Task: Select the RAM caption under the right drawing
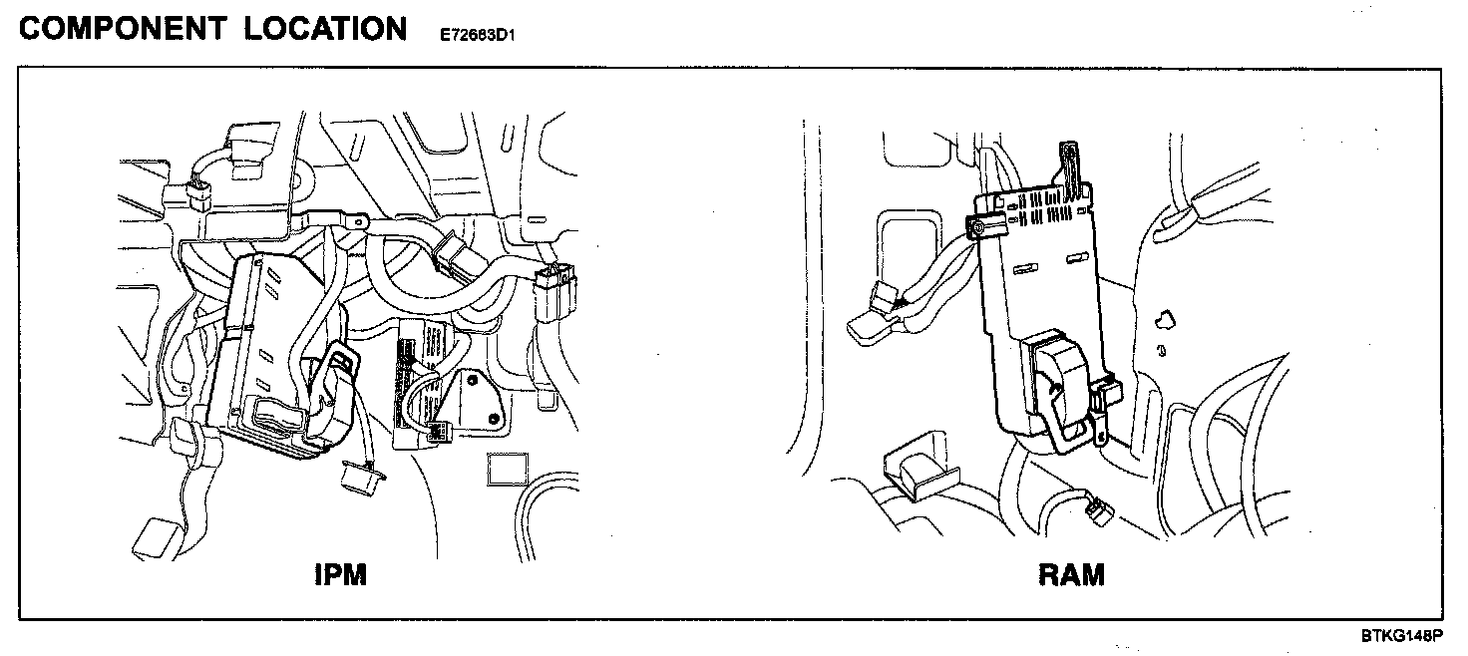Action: [x=1071, y=575]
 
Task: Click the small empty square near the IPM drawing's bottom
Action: [x=508, y=470]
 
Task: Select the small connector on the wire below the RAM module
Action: [x=1097, y=510]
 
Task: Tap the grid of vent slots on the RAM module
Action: [x=1047, y=212]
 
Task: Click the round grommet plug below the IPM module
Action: [x=358, y=478]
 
